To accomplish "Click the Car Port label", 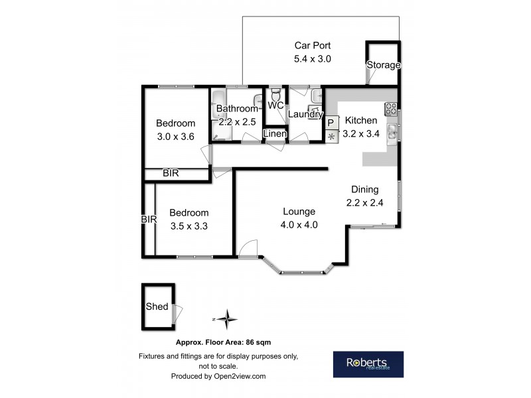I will [312, 46].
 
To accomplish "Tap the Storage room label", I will [384, 65].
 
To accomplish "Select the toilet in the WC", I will [275, 96].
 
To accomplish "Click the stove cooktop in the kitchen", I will [390, 108].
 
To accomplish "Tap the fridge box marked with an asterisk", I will [331, 137].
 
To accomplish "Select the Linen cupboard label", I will [275, 134].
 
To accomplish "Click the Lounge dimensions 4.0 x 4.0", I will [299, 224].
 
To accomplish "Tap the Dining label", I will [365, 188].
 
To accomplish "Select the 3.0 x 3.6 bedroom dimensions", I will [175, 137].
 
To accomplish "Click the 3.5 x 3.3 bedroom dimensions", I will [189, 226].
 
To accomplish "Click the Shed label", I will [157, 306].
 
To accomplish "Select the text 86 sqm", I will [257, 342].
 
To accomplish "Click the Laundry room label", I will [305, 114].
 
